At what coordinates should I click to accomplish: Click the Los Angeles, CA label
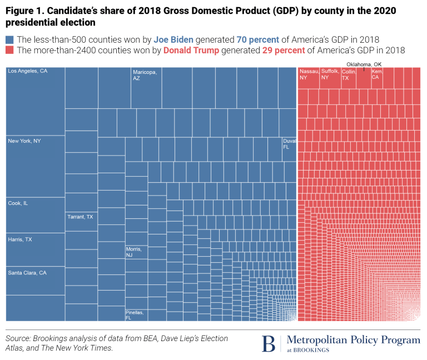pos(27,71)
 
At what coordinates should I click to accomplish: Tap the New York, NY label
pos(24,141)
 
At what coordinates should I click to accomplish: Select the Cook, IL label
pos(18,203)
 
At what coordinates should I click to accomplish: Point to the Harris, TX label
pos(20,239)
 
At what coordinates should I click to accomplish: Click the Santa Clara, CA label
pos(27,273)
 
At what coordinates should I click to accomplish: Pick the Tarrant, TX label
pos(80,217)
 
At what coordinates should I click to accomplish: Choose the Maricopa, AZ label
pos(145,75)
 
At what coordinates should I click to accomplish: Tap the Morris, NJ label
pos(134,252)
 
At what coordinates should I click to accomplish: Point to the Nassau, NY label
pos(309,74)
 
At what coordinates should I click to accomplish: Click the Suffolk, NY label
pos(330,74)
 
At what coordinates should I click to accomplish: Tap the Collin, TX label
pos(349,74)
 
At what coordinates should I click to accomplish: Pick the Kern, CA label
pos(377,74)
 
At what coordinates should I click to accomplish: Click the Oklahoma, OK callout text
pos(364,64)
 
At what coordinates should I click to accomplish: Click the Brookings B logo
pos(269,344)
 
